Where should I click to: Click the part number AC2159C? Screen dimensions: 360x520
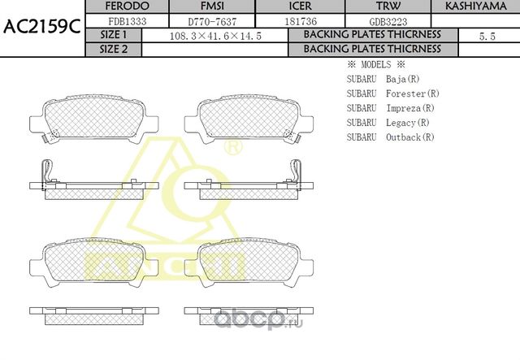pyautogui.click(x=41, y=26)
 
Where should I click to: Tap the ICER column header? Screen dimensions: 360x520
pyautogui.click(x=278, y=7)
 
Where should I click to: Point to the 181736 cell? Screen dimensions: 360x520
pyautogui.click(x=278, y=21)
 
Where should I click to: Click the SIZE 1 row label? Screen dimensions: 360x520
pyautogui.click(x=113, y=36)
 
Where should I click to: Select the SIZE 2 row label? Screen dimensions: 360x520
pyautogui.click(x=113, y=49)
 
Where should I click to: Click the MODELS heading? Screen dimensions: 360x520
pyautogui.click(x=375, y=64)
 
